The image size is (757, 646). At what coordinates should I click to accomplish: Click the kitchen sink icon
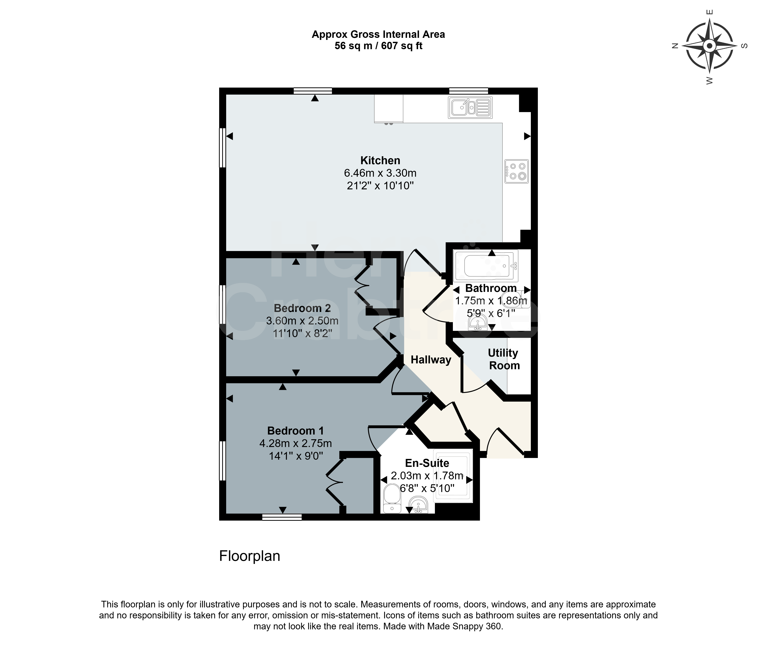tap(470, 107)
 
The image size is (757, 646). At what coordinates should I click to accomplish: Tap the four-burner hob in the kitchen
tap(517, 171)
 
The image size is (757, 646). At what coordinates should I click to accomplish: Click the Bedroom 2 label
tap(302, 308)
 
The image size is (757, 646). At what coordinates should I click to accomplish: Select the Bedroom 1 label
tap(296, 431)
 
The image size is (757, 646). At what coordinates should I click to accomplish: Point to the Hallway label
tap(431, 360)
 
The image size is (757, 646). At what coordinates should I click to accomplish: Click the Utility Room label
tap(504, 359)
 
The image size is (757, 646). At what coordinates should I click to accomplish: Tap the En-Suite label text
tap(427, 463)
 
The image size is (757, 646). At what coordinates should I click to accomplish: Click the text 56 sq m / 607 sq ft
tap(378, 46)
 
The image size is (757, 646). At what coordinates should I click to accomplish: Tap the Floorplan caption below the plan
tap(250, 556)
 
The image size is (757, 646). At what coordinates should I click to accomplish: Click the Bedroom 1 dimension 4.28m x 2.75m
tap(296, 443)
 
